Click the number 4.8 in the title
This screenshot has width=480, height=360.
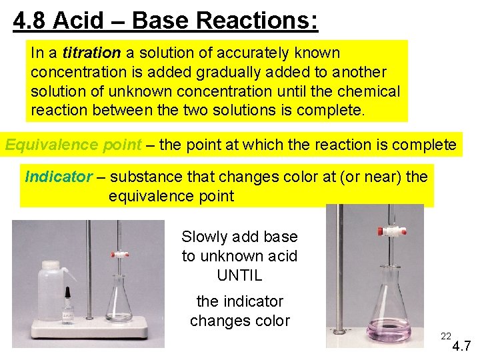(x=30, y=21)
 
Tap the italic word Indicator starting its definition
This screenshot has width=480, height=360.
(x=59, y=177)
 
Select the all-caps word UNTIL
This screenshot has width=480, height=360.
(x=239, y=275)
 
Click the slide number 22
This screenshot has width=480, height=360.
(x=446, y=336)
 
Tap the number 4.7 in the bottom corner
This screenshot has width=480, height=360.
(x=463, y=347)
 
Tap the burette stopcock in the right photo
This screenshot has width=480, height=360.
(x=385, y=232)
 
